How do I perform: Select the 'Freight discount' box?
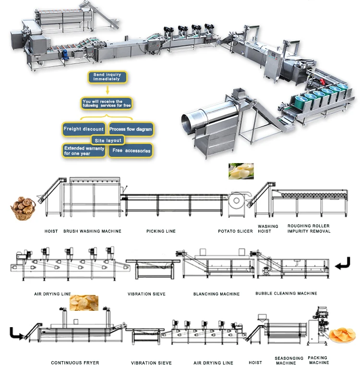pos(84,129)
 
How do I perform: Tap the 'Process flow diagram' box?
pos(131,129)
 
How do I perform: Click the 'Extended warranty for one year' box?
pos(84,151)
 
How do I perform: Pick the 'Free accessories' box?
pos(131,151)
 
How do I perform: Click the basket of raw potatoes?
pos(22,208)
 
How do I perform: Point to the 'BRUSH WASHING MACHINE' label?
pos(92,231)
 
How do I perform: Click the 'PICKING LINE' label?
pos(161,231)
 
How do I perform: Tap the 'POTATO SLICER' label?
pos(235,231)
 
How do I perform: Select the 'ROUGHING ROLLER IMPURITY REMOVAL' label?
pos(309,228)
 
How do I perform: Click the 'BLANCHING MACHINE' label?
pos(216,294)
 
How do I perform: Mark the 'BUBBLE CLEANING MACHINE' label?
pos(286,294)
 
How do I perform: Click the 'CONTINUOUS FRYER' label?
pos(75,363)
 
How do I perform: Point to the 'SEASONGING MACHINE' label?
pos(289,360)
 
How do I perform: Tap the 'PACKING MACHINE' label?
pos(318,360)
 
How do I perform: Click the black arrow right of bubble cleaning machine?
pos(342,263)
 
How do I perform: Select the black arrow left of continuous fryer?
pos(16,333)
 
